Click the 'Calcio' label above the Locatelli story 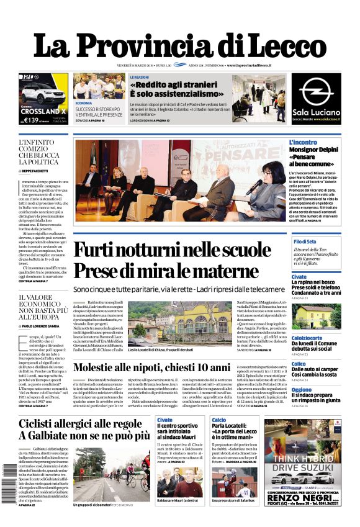(x=218, y=420)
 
